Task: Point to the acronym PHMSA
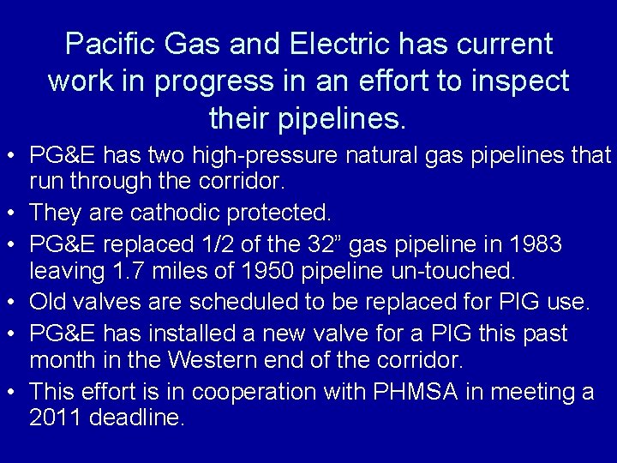click(x=405, y=392)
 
